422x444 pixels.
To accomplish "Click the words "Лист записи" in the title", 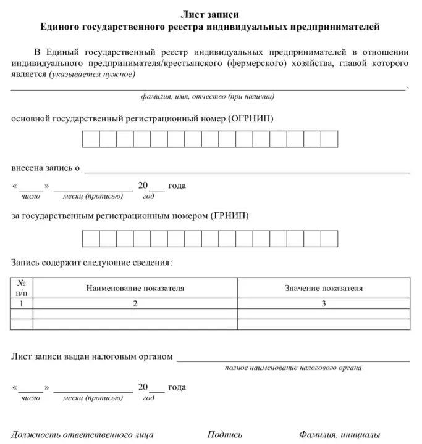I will coord(211,14).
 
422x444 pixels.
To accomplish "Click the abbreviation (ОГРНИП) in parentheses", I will coord(250,117).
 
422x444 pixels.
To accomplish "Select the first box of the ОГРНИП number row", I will coord(91,139).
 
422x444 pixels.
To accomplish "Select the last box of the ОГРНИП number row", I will coord(329,139).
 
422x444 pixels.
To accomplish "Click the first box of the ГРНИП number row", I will coord(91,238).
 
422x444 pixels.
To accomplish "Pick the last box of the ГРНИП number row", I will coord(329,238).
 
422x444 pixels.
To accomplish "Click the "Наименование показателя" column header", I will coord(135,288).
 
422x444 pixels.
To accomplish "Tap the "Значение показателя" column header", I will coord(324,288).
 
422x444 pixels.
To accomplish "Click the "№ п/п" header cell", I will coord(22,288).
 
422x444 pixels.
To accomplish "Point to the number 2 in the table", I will coord(135,303).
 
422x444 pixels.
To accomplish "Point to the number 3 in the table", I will coord(324,303).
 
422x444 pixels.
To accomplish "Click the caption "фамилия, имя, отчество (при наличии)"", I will coord(208,97).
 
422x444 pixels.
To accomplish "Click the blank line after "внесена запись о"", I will coord(247,168).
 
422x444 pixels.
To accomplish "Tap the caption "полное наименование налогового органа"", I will coord(293,368).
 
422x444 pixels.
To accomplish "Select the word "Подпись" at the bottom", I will coord(225,434).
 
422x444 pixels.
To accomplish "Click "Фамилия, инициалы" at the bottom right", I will coord(339,434).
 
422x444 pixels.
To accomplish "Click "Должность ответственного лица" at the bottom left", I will coord(82,434).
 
